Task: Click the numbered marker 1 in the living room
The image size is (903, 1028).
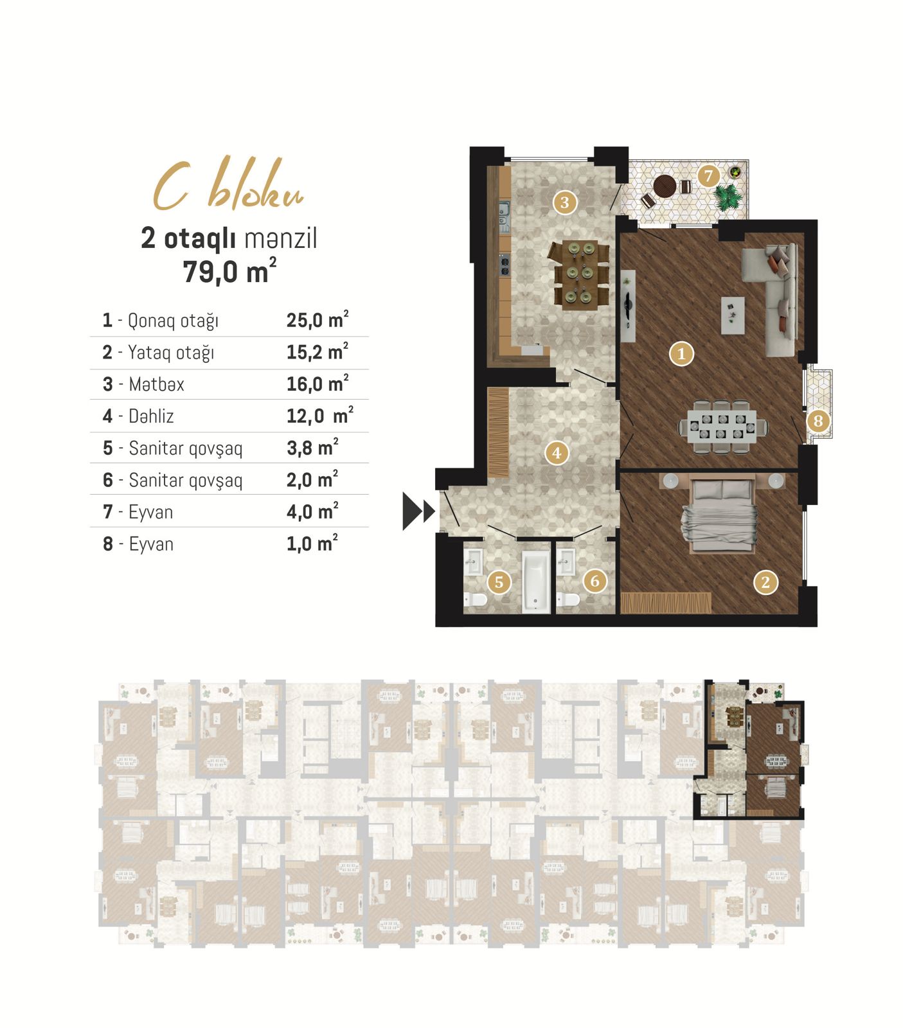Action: coord(681,353)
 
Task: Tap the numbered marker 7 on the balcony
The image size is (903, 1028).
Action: coord(708,175)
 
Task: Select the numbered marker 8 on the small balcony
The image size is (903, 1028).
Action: coord(818,421)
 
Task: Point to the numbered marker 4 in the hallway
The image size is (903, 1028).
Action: coord(557,452)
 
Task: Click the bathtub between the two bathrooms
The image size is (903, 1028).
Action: coord(535,581)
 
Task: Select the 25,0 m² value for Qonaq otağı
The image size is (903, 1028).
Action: coord(317,319)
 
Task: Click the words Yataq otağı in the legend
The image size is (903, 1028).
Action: coord(171,352)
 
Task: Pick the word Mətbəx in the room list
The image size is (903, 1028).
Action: coord(156,384)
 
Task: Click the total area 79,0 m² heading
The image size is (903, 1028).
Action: coord(229,270)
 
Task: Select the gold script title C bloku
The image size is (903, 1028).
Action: coord(228,186)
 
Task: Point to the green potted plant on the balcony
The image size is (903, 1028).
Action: coord(728,197)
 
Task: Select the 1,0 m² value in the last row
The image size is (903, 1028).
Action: coord(312,544)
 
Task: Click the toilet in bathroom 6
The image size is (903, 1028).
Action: coord(568,599)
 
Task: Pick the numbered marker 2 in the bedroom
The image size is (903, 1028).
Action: coord(765,582)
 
